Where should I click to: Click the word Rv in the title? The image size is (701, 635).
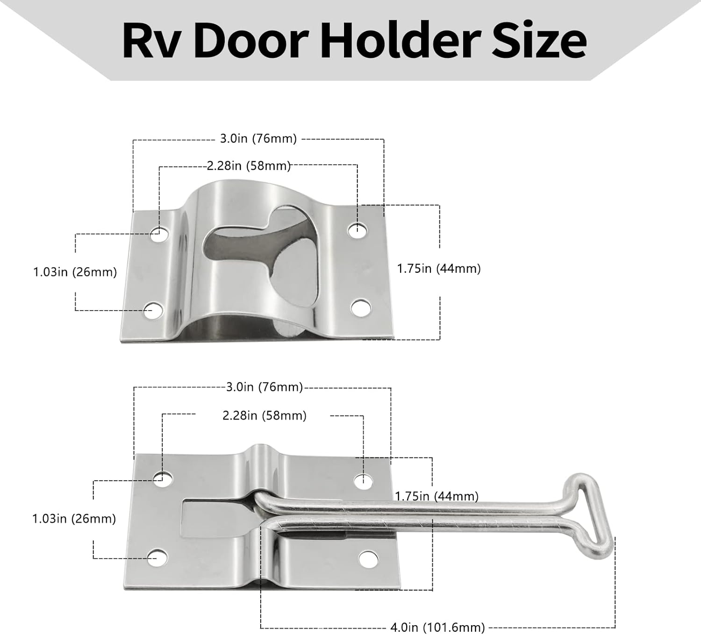[150, 42]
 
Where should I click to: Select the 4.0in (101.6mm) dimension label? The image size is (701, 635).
[437, 627]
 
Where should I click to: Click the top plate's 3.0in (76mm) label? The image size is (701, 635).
[258, 139]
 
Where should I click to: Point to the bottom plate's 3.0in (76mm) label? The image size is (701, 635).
[265, 387]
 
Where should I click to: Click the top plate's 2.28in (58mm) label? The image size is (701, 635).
[249, 166]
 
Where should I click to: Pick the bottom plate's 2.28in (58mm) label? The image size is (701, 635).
[265, 415]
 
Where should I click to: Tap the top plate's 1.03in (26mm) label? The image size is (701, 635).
[75, 271]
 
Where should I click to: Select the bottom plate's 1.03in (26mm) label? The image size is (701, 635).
[74, 518]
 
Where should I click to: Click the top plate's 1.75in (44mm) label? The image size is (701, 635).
[439, 269]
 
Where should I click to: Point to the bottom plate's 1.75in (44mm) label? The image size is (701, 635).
[437, 496]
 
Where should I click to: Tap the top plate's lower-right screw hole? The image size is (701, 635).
[360, 308]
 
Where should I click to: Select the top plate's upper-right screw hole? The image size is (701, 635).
[358, 229]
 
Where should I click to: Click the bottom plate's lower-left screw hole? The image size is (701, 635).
[157, 558]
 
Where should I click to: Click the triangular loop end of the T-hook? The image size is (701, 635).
[592, 514]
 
